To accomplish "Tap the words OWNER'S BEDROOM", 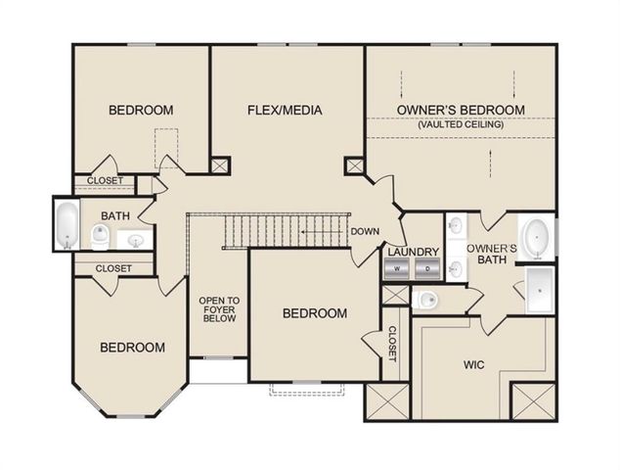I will point(461,110).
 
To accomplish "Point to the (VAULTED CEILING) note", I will point(461,124).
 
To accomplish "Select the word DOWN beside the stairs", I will point(366,232).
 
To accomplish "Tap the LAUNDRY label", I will point(413,252).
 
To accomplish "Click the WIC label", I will point(473,364).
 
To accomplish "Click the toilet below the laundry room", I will point(425,299).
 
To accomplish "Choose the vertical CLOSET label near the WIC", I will point(391,343).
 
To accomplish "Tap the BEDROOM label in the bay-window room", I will point(132,347).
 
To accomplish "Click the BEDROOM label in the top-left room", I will point(141,110).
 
